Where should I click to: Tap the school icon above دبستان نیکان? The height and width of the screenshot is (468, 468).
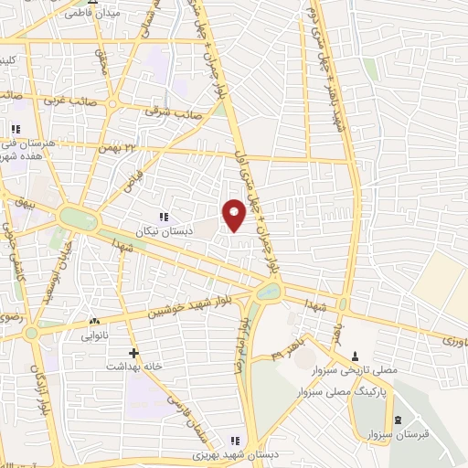pos(164,217)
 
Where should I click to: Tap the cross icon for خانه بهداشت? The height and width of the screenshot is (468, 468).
pos(134,352)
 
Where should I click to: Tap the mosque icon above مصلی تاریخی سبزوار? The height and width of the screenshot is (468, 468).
pos(355,356)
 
